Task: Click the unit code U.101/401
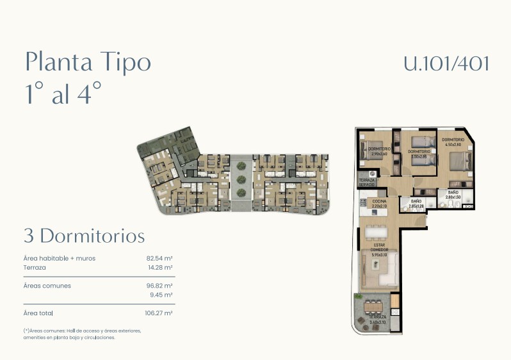pos(446,63)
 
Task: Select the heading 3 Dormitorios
pos(84,235)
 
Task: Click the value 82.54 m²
pos(159,258)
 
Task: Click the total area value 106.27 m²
pos(159,313)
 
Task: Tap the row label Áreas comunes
pos(47,286)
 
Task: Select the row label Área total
pos(38,313)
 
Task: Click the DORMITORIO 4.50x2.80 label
pos(453,142)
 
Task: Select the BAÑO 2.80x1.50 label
pos(453,195)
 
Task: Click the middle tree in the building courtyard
pos(241,180)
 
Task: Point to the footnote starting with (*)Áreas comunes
pos(82,334)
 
